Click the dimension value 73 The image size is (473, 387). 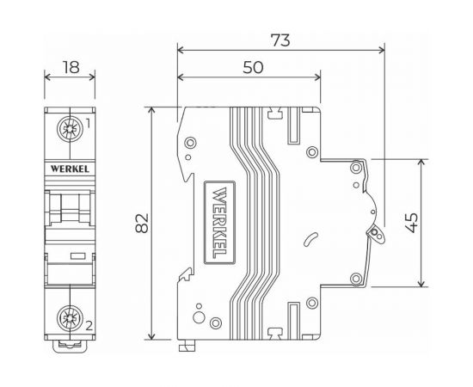(280, 40)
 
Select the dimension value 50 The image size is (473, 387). (251, 69)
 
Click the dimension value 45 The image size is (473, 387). (436, 223)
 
